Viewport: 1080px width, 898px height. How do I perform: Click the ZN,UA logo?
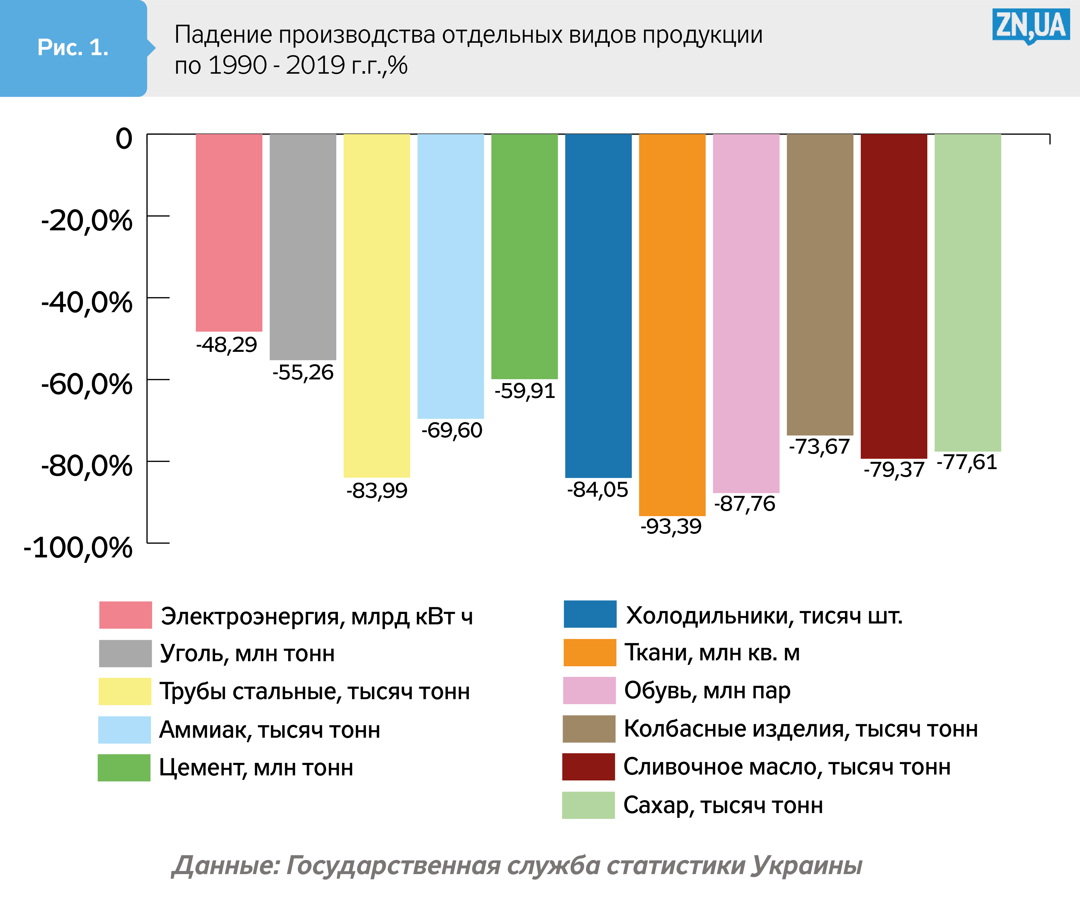click(x=1030, y=26)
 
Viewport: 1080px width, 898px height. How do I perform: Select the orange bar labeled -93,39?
click(x=672, y=324)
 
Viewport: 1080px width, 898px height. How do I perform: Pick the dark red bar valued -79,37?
click(x=894, y=296)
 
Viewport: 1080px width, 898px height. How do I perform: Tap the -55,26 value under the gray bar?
click(x=303, y=372)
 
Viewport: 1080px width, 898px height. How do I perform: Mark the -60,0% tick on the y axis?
click(x=158, y=380)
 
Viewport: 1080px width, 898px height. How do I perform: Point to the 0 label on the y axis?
click(x=124, y=139)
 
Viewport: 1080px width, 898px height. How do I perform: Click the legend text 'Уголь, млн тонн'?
click(x=247, y=653)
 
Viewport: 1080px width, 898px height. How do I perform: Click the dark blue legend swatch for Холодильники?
click(x=590, y=614)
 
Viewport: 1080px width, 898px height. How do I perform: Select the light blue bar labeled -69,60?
click(x=450, y=276)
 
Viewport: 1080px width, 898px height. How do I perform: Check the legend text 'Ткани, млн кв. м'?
click(x=712, y=653)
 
